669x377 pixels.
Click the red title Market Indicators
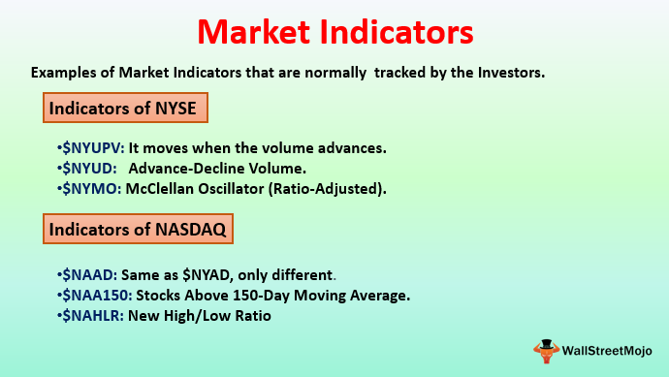[x=334, y=32]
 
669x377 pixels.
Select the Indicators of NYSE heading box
[x=126, y=108]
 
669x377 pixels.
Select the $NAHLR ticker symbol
[x=94, y=316]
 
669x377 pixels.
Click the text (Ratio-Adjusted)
[x=330, y=189]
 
